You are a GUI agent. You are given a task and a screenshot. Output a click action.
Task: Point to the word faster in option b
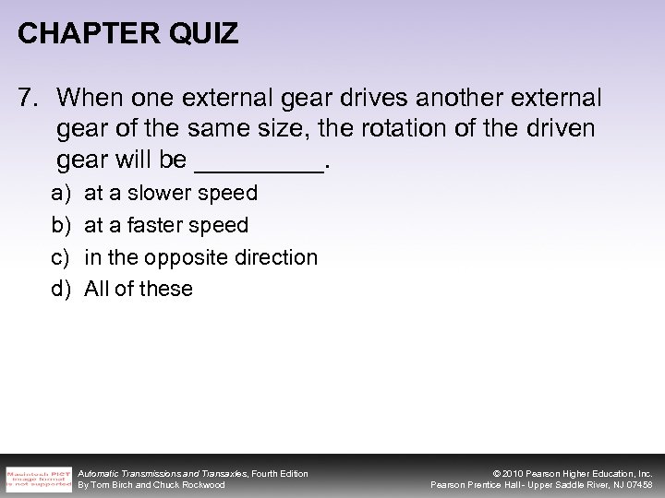pyautogui.click(x=162, y=225)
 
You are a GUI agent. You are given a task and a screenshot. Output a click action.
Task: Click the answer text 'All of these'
pyautogui.click(x=139, y=289)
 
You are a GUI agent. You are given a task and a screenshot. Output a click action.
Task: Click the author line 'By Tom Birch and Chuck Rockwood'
pyautogui.click(x=151, y=485)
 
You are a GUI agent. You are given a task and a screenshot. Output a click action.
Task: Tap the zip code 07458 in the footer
pyautogui.click(x=637, y=485)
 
